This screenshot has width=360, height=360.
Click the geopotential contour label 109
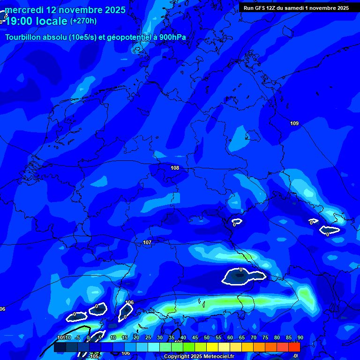click(x=294, y=123)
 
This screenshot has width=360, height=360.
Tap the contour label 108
click(x=175, y=168)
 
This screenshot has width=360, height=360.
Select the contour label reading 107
click(x=147, y=242)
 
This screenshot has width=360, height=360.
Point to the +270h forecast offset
click(x=83, y=21)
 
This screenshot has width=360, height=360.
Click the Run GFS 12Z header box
click(x=296, y=8)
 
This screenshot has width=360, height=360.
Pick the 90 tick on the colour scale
click(x=300, y=338)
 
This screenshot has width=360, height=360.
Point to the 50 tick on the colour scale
click(x=207, y=338)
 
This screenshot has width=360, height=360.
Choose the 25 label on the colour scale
click(x=148, y=338)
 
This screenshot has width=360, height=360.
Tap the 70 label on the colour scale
click(x=254, y=338)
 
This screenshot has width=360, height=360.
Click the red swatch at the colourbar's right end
click(x=294, y=347)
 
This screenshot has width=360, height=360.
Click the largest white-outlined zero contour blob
click(x=243, y=277)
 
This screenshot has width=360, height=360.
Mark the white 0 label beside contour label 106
click(x=125, y=317)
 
